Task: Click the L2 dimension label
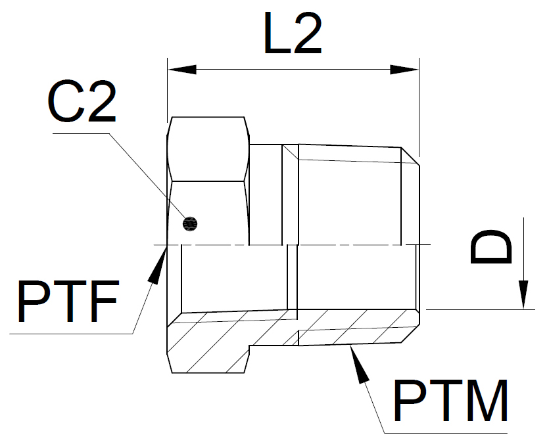tap(293, 34)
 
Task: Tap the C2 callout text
tap(82, 102)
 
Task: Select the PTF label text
tap(68, 301)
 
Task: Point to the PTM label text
tap(450, 401)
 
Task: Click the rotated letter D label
tap(490, 246)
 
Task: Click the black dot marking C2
tap(190, 223)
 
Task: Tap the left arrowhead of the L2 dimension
tap(182, 70)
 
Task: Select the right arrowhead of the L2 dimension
tap(404, 70)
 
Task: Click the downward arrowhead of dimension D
tap(523, 294)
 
